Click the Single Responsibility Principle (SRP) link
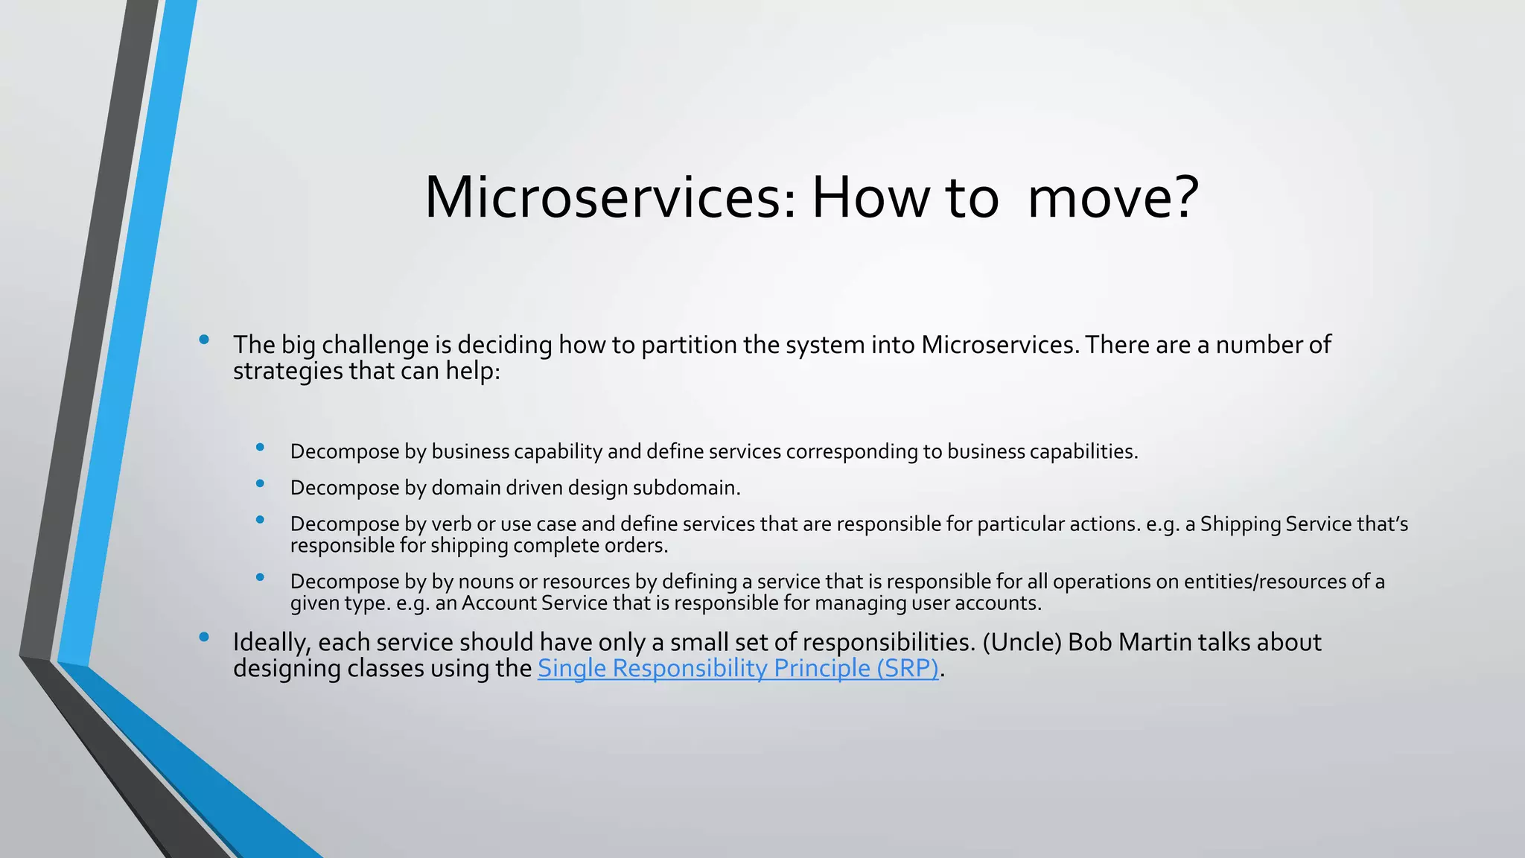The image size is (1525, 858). click(737, 668)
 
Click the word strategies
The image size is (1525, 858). click(287, 371)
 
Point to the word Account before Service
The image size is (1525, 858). click(499, 603)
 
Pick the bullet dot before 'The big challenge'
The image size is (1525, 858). click(204, 340)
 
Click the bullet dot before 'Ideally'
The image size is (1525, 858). click(204, 637)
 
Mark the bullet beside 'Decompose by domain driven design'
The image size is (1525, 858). click(260, 483)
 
